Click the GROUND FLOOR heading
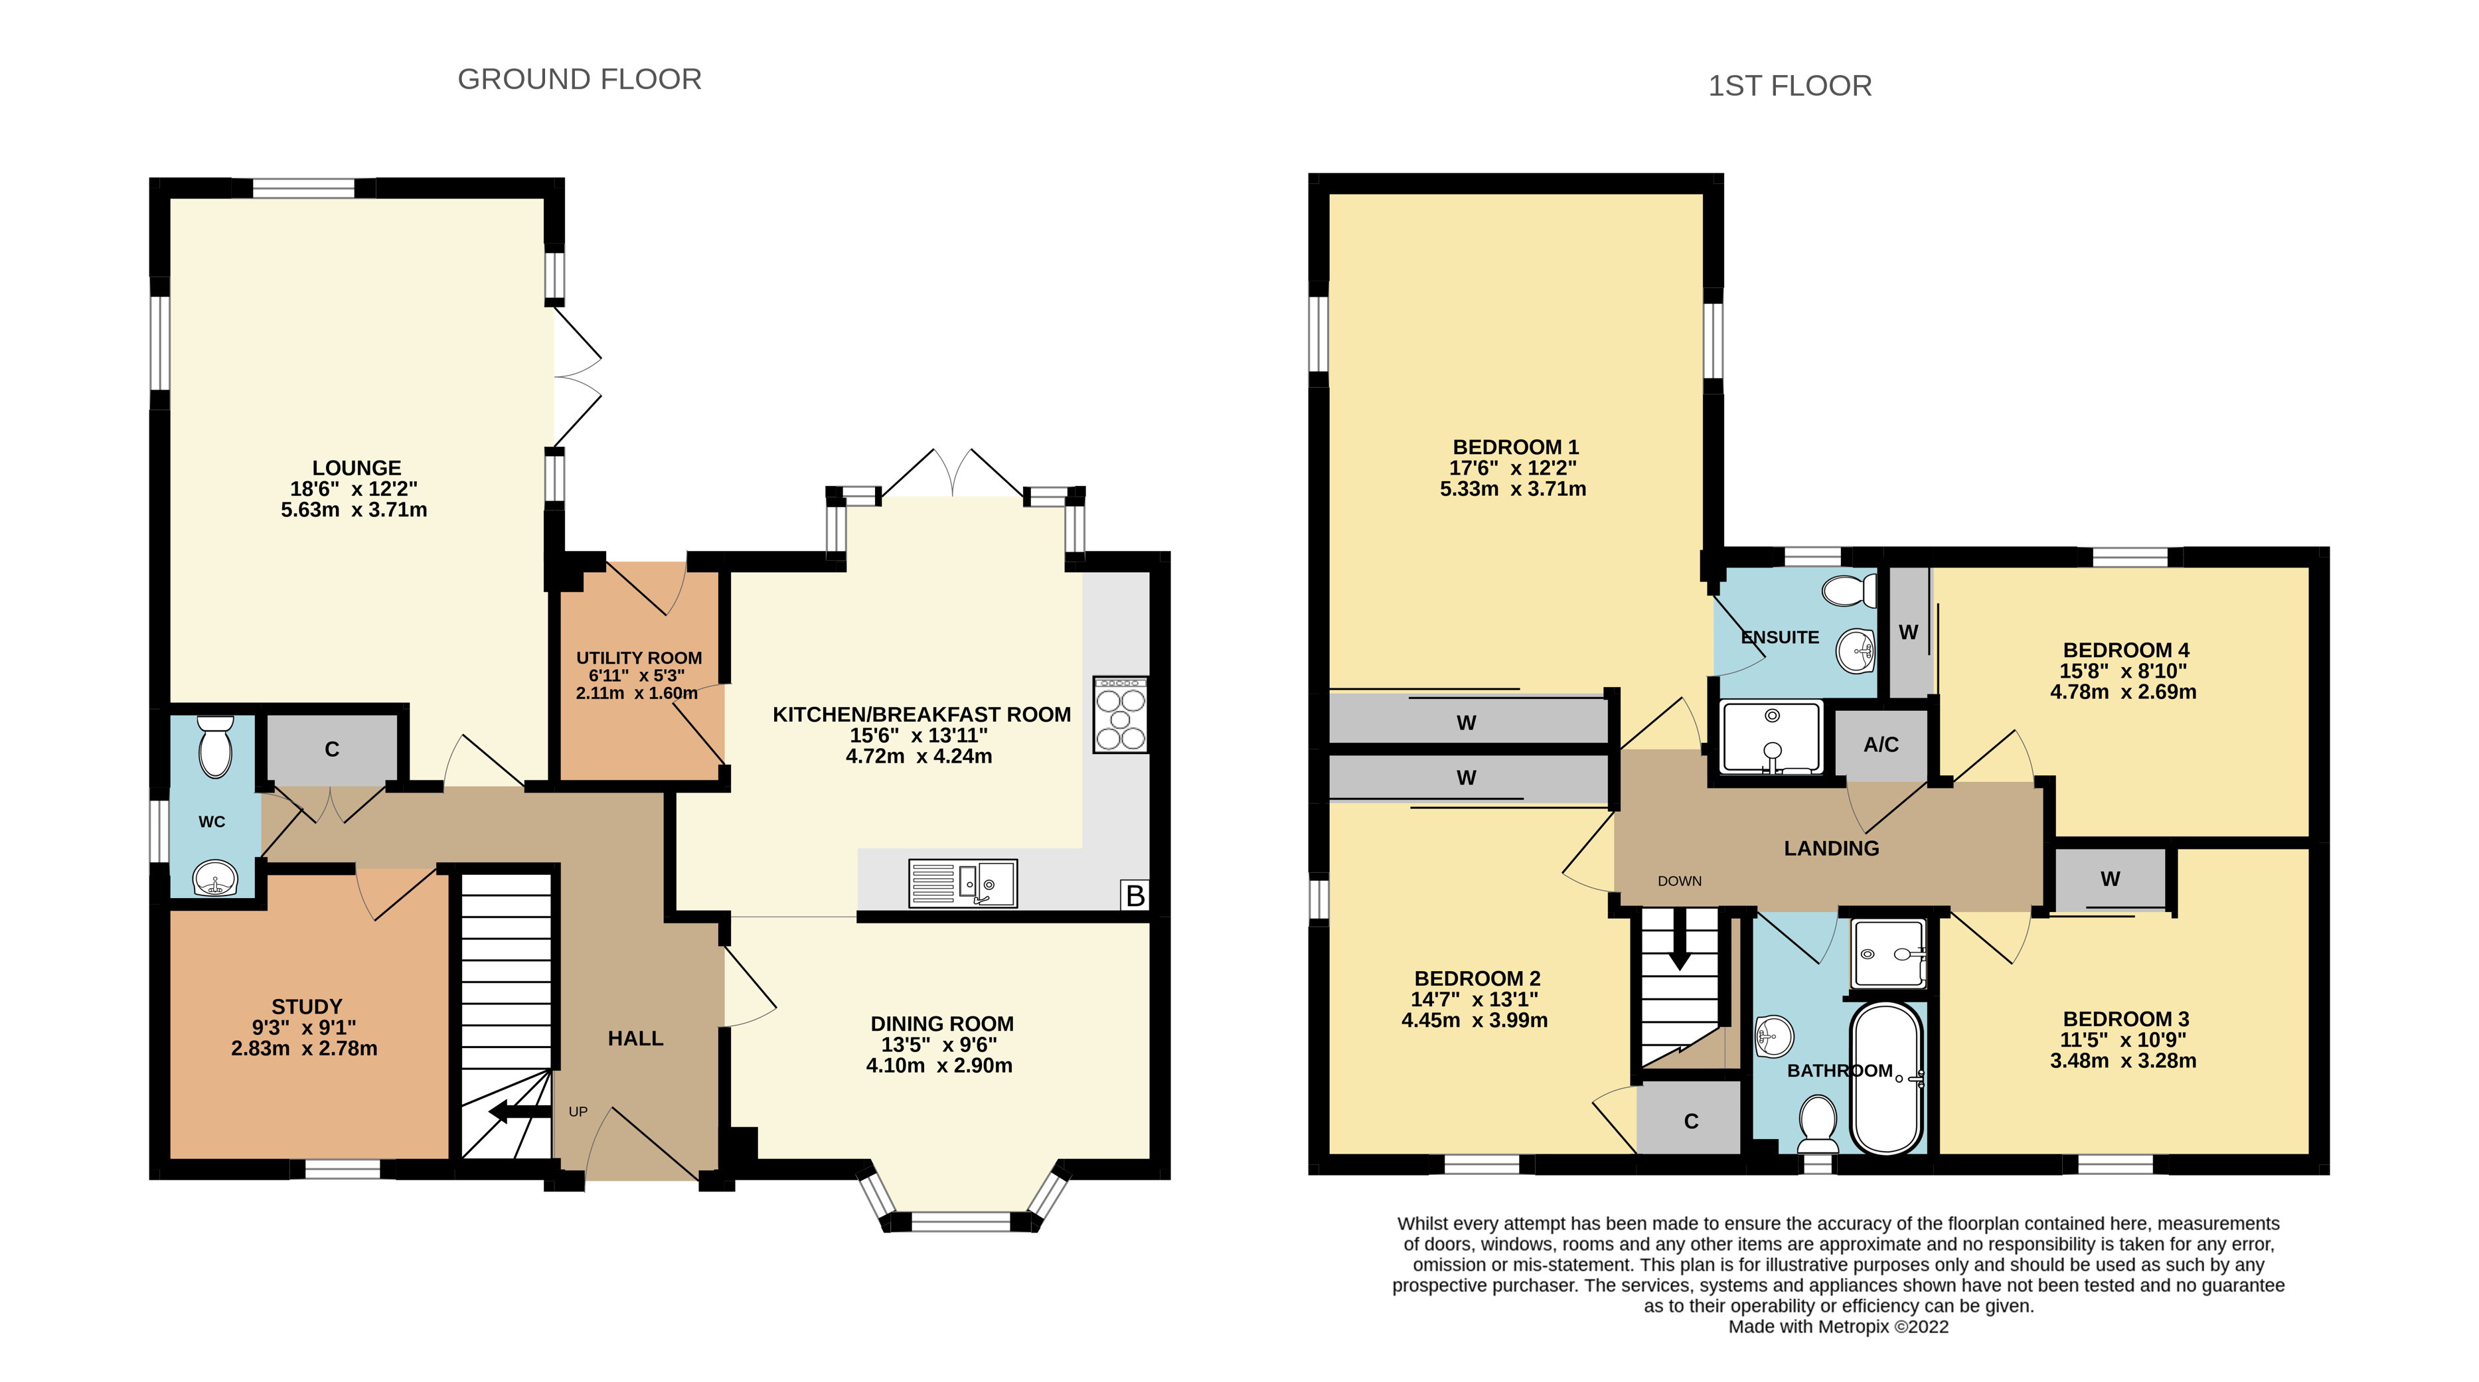pos(580,79)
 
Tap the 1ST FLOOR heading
pos(1790,86)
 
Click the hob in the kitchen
pos(1120,714)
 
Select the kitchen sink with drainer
pos(963,883)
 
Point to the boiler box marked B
pos(1135,895)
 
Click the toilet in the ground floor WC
pos(216,747)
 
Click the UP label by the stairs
pos(578,1112)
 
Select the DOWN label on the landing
pos(1679,881)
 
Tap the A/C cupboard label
pos(1881,744)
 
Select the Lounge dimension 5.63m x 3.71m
pos(354,510)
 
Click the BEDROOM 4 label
pos(2126,651)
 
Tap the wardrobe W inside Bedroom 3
pos(2111,879)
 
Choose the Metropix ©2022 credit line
pos(1838,1326)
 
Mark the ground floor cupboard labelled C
pos(332,749)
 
